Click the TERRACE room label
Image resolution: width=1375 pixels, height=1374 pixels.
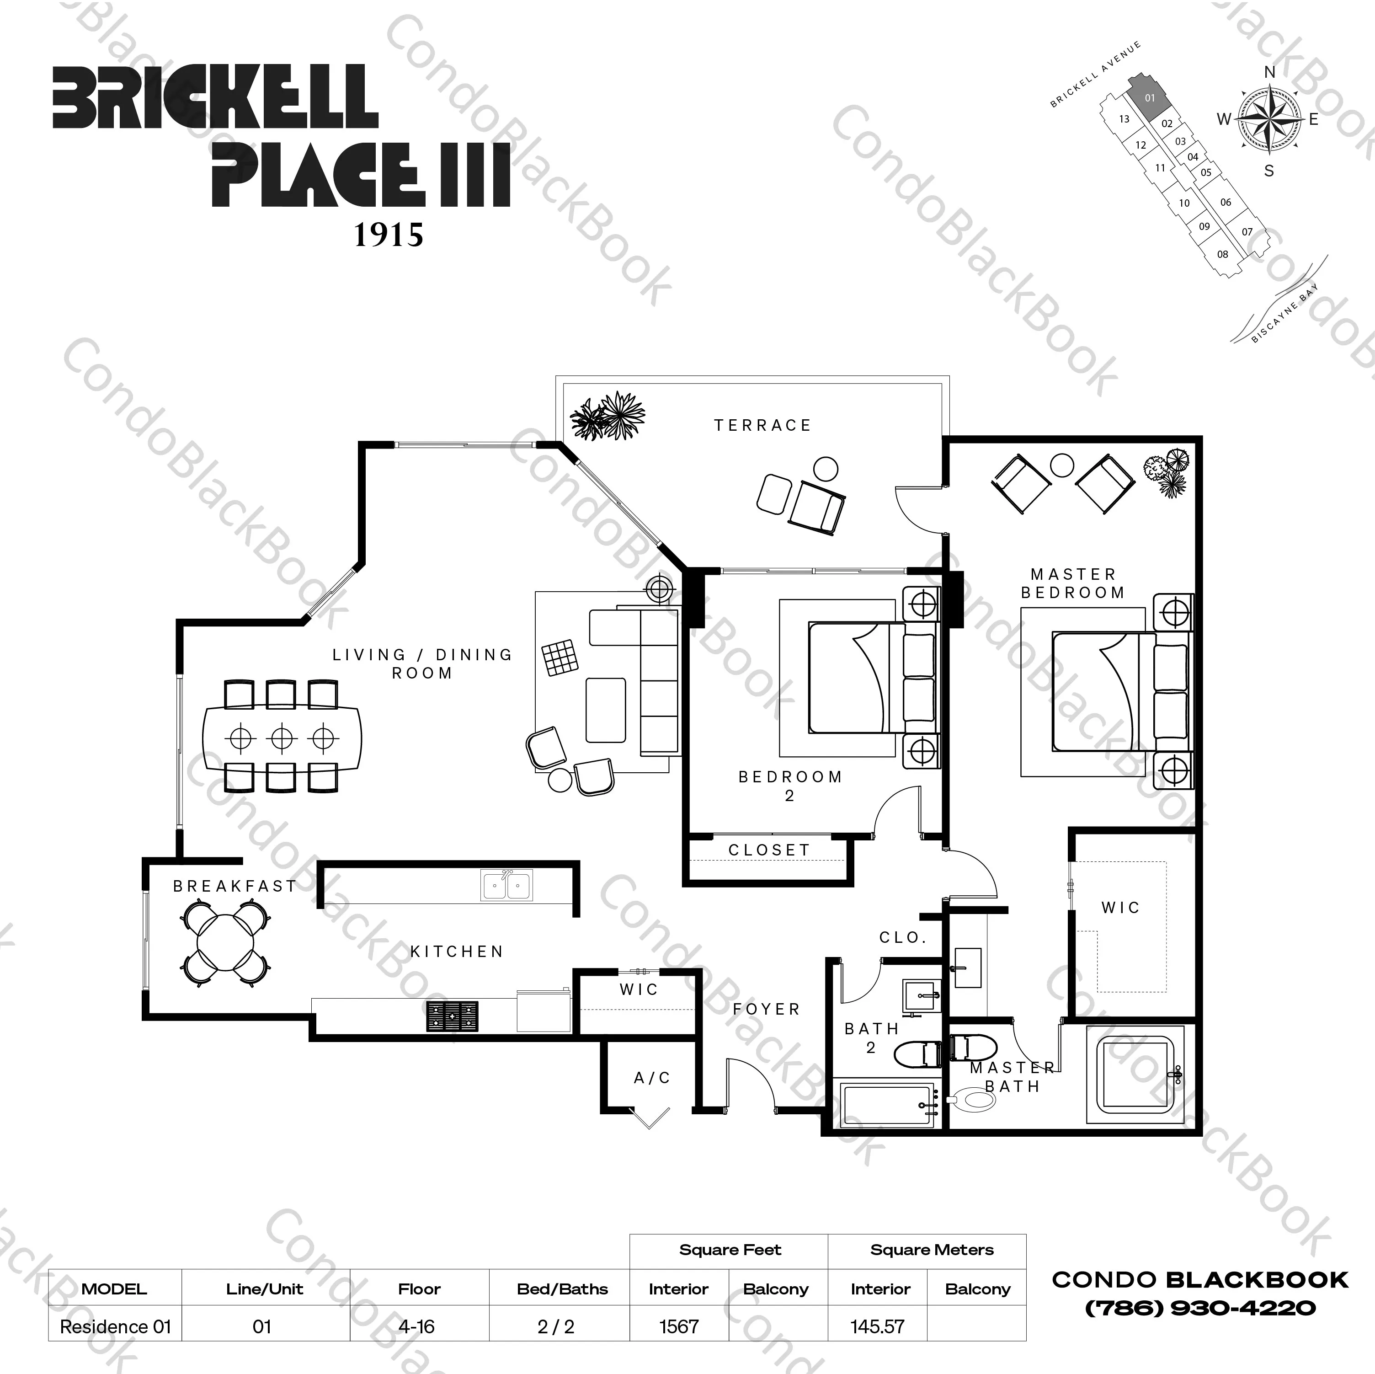point(762,426)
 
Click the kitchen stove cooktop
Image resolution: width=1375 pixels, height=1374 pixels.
point(452,1016)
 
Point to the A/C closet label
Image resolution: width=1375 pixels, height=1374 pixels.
point(652,1078)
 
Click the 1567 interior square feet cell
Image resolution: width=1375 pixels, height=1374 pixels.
point(679,1326)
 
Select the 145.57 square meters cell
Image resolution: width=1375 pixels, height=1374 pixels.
point(878,1326)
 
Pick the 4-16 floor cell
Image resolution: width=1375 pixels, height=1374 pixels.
point(417,1326)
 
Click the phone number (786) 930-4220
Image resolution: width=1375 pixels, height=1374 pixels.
point(1200,1308)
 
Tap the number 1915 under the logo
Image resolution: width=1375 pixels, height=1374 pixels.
point(389,235)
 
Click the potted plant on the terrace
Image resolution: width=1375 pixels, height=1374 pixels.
point(608,415)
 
